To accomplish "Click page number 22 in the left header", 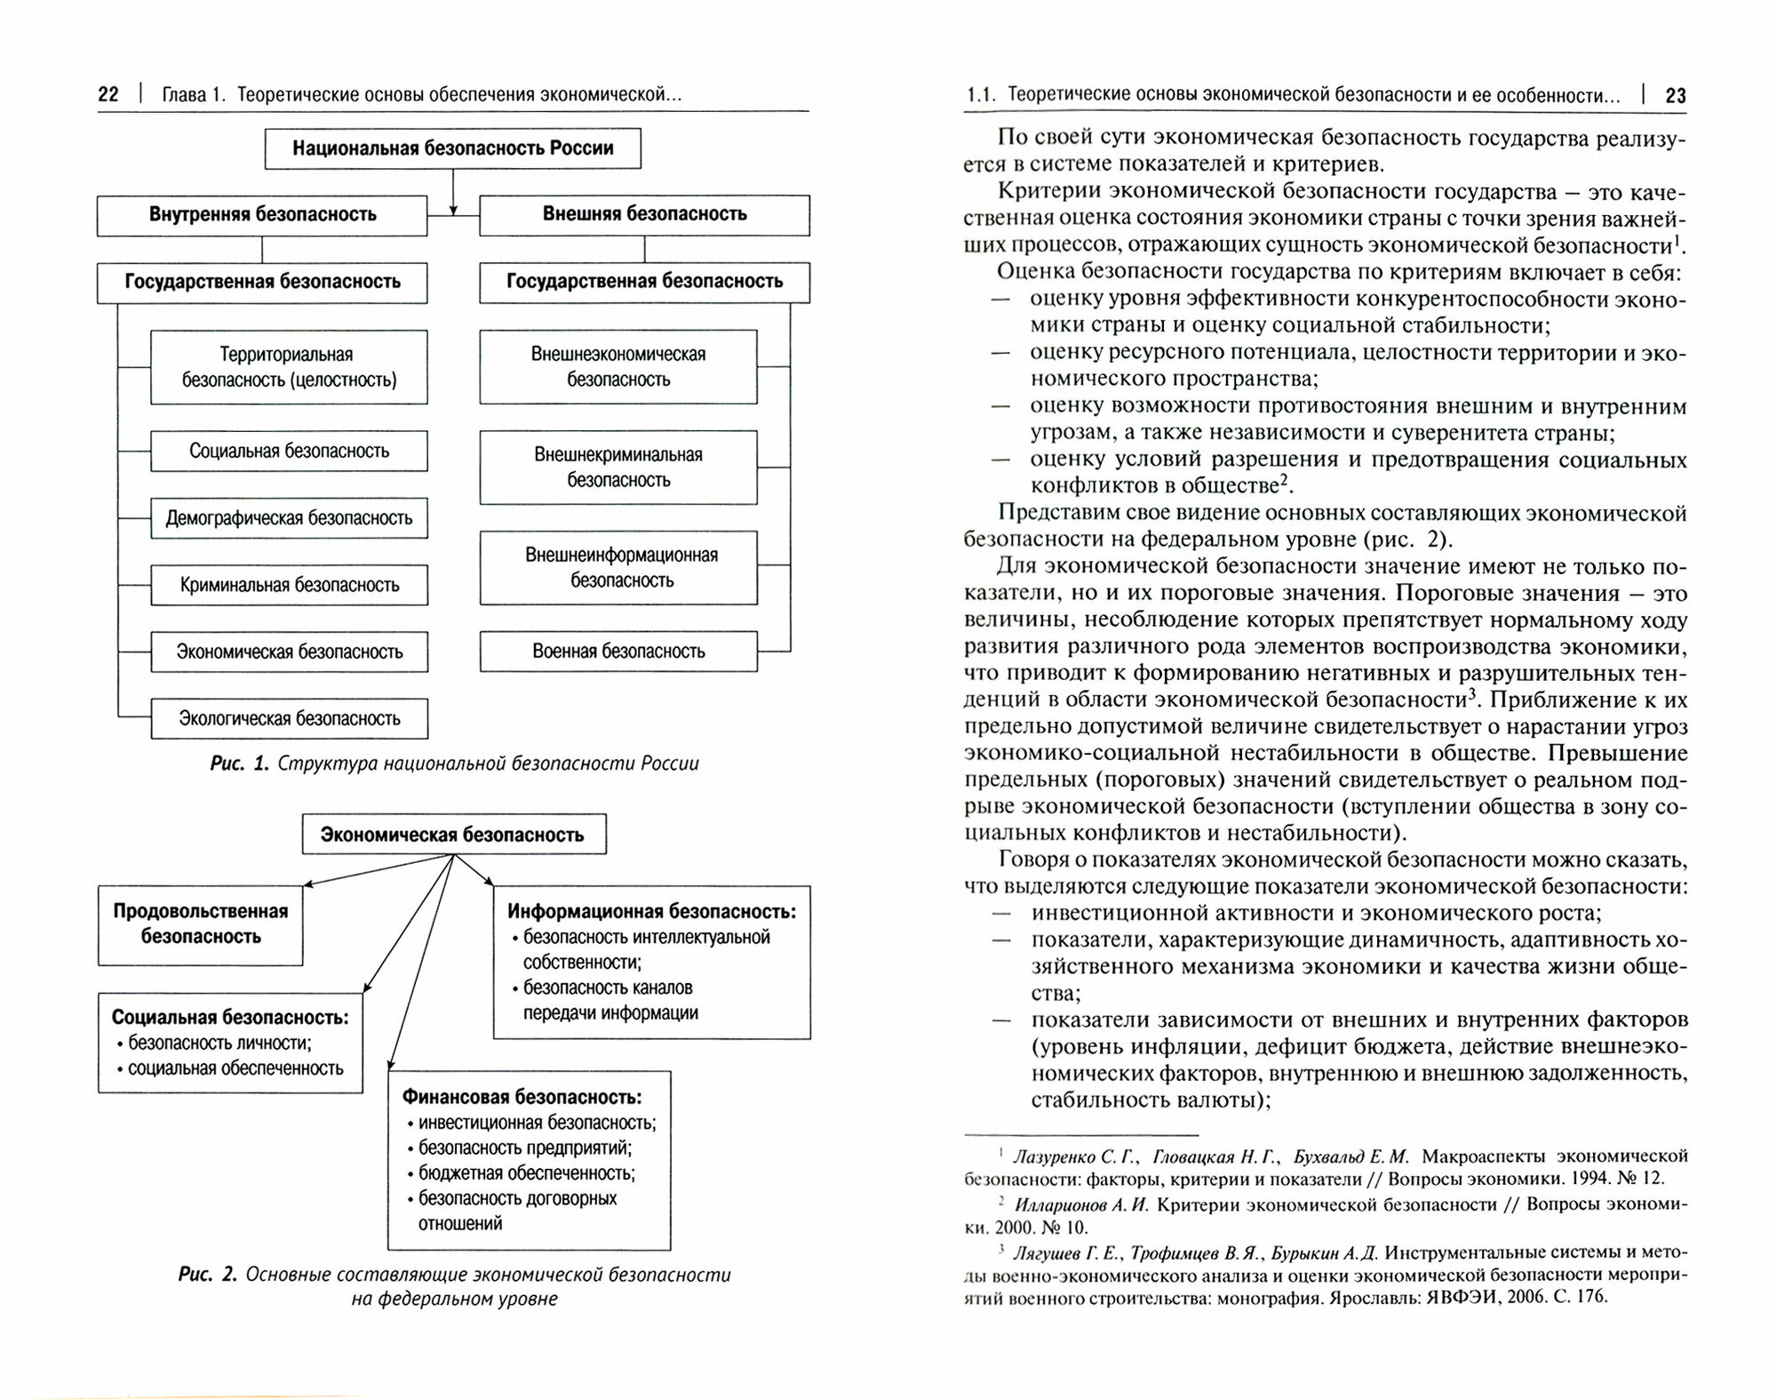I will tap(108, 94).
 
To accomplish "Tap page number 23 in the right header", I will tap(1675, 95).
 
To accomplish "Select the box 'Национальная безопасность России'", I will tap(452, 148).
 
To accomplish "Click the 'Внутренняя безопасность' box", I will tap(262, 214).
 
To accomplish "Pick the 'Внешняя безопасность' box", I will tap(644, 214).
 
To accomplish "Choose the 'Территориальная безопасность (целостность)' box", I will tap(289, 367).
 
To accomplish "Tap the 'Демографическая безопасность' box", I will tap(289, 518).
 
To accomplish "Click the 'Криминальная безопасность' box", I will tap(289, 585).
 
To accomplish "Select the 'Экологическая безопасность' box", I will tap(289, 718).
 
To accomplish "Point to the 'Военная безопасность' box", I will tap(618, 652).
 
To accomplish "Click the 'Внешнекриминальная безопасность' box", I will tap(618, 468).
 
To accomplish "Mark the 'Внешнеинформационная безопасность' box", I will tap(618, 568).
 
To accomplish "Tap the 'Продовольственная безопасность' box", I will tap(201, 924).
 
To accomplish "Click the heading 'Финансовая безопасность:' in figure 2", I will tap(522, 1097).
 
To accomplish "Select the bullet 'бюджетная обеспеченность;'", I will tap(527, 1173).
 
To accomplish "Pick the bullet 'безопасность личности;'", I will tap(219, 1044).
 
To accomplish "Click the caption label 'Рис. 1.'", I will tap(239, 764).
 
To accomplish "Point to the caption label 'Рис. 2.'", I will tap(207, 1275).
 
